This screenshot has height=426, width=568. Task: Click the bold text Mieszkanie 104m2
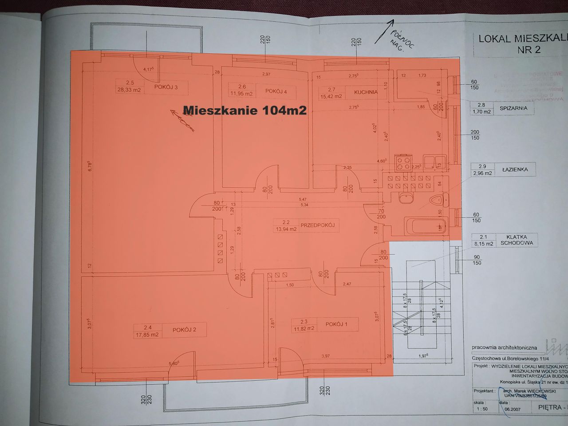(x=245, y=110)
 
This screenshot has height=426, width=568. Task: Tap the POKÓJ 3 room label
(x=166, y=87)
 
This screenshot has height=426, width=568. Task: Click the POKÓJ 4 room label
(x=276, y=91)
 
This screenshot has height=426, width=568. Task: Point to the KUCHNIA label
(x=366, y=92)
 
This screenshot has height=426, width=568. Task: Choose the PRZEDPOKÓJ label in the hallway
(x=317, y=225)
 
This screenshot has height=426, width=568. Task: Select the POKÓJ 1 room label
(x=336, y=324)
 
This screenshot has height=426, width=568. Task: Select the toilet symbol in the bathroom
(x=438, y=200)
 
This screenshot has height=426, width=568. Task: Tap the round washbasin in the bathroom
(x=406, y=198)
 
